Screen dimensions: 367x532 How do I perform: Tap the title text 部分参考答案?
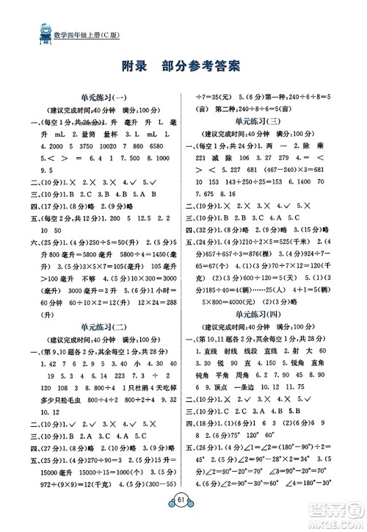pos(208,69)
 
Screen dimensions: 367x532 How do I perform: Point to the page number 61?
pos(183,512)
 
